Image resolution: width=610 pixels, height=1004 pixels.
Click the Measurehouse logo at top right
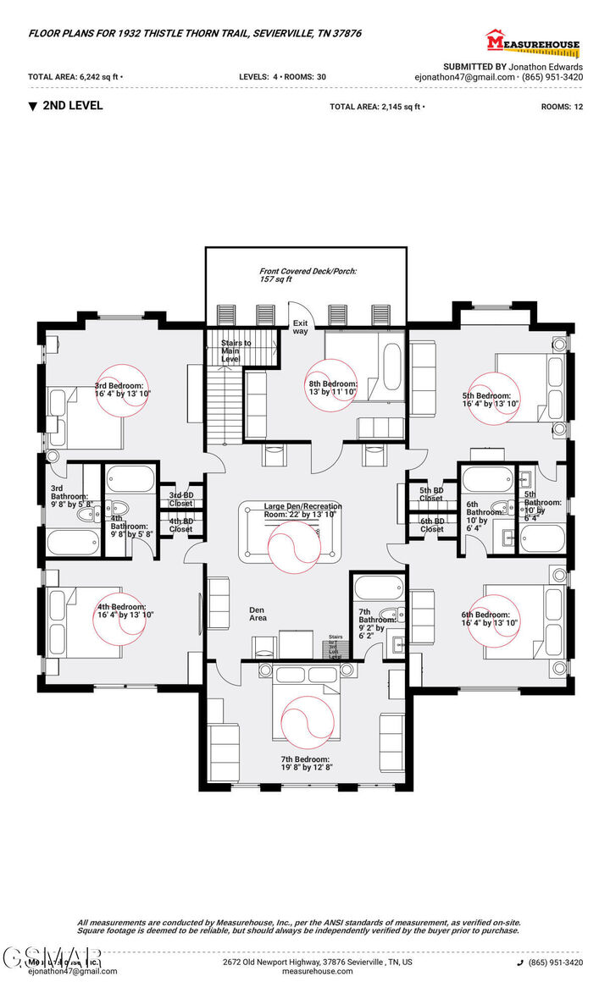pos(531,42)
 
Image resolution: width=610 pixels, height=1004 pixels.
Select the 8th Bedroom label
pos(333,388)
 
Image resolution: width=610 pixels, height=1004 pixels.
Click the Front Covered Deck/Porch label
pos(308,274)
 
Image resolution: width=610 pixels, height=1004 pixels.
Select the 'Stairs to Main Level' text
pos(236,350)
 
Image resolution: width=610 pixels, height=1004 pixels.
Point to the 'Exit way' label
pos(301,327)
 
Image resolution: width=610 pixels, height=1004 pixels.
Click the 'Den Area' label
pos(258,613)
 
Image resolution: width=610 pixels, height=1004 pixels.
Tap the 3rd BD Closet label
pos(180,499)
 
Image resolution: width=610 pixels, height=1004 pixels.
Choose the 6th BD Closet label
pos(431,526)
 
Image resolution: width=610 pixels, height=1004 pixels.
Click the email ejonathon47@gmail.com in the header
pos(464,76)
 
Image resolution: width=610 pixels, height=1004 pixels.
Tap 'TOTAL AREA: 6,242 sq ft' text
pos(75,76)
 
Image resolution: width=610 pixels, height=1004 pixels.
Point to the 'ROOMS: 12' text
pos(562,107)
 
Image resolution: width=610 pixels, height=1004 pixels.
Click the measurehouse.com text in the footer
pos(317,972)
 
